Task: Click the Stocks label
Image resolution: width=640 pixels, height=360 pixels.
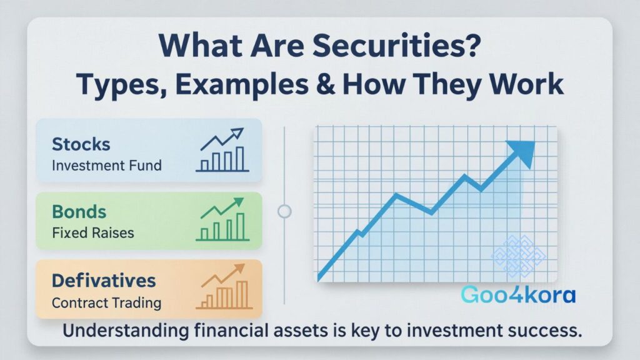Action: tap(81, 144)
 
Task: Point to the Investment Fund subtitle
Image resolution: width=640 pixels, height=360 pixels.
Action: tap(106, 166)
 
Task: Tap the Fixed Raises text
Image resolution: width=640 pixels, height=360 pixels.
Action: tap(92, 234)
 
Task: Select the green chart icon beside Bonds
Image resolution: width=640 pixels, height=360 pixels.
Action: tap(221, 219)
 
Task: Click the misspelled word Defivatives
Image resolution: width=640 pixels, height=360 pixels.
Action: tap(104, 281)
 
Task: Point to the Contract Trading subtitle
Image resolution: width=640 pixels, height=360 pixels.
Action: tap(106, 303)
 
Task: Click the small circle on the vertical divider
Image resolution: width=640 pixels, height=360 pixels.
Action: tap(284, 211)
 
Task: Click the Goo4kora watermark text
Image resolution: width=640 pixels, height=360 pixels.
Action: tap(517, 295)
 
